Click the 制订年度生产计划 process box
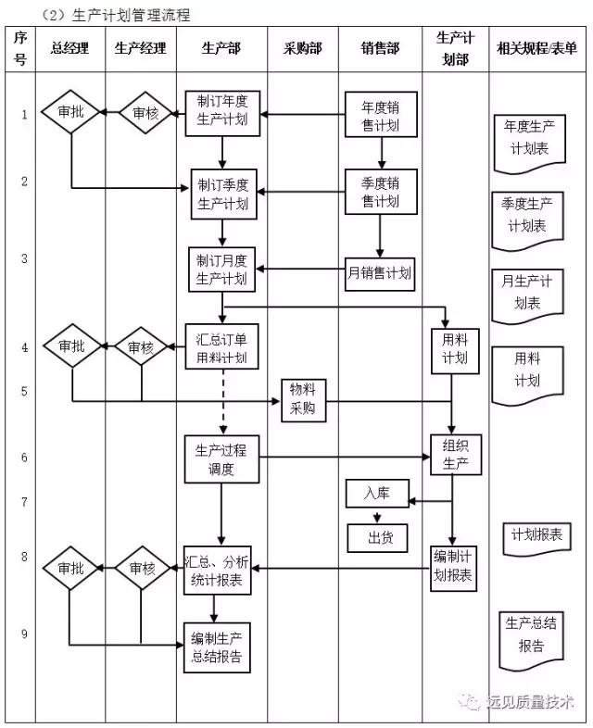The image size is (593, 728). pos(222,114)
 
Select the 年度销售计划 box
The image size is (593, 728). pos(380,115)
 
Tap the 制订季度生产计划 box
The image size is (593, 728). pos(222,193)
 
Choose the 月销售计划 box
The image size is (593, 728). pos(380,272)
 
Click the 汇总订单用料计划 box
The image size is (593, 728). pos(222,347)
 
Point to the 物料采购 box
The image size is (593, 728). pos(303,400)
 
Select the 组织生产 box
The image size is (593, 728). pos(456,454)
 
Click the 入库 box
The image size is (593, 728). pos(376,494)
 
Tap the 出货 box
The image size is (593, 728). pos(376,536)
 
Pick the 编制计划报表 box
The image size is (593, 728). pos(455,567)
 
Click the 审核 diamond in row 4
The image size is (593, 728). pos(142,347)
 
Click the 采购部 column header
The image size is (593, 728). pos(303,48)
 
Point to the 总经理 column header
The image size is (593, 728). pos(70,48)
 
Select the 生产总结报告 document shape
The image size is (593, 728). pos(531,638)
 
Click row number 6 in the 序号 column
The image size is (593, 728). pos(24,458)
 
